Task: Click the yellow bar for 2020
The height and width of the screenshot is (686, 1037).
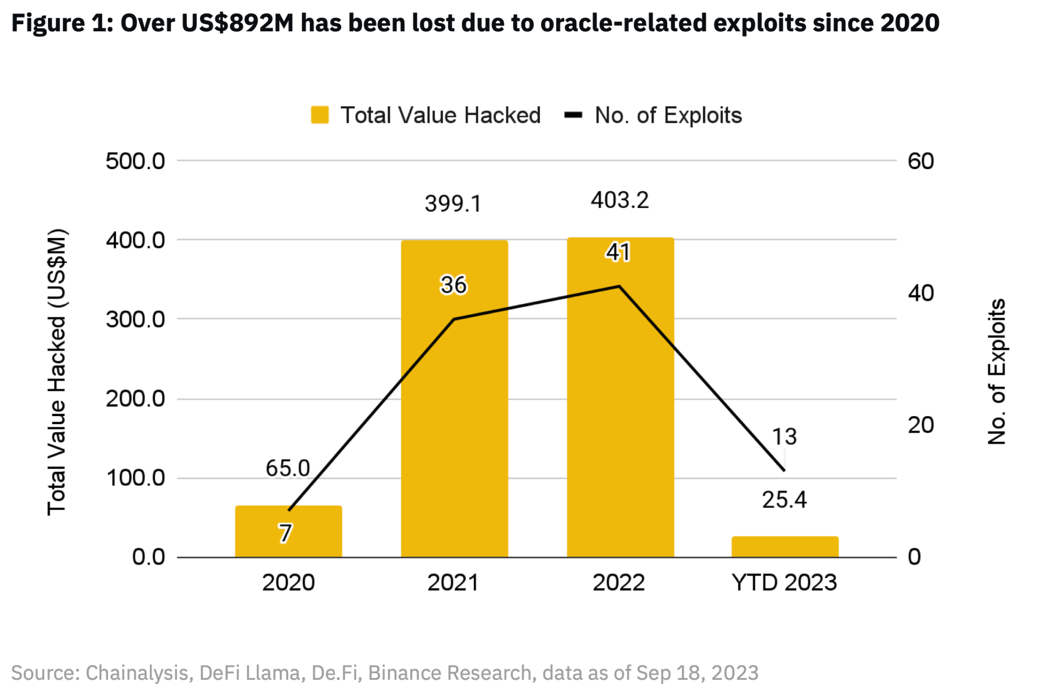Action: pos(288,532)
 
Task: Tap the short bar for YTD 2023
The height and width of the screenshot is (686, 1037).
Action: pos(785,547)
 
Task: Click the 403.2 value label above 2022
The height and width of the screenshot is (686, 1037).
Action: pos(620,200)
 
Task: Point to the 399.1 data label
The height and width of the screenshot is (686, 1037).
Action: pos(453,204)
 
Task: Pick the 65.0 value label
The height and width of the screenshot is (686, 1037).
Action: pos(288,468)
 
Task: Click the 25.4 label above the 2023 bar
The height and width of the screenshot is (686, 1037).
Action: pos(784,500)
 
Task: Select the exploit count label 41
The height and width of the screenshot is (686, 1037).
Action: pos(618,252)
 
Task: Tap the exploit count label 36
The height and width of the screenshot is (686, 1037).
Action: pos(453,285)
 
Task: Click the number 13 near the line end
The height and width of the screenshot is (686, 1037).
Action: pos(784,436)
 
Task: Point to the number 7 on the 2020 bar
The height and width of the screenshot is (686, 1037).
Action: pos(286,533)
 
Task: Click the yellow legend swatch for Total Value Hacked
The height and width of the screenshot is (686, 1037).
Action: pos(320,115)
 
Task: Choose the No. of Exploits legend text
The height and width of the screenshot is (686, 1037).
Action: pos(668,115)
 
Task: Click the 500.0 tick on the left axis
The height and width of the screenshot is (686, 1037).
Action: pos(135,161)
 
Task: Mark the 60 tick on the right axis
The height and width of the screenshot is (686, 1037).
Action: pos(921,161)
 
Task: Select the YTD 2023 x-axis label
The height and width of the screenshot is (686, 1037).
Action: pos(784,583)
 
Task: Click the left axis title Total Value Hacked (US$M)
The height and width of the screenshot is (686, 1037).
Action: pos(57,372)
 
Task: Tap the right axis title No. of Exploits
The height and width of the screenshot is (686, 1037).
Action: pos(996,372)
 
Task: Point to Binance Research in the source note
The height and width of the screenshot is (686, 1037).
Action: pos(450,673)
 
